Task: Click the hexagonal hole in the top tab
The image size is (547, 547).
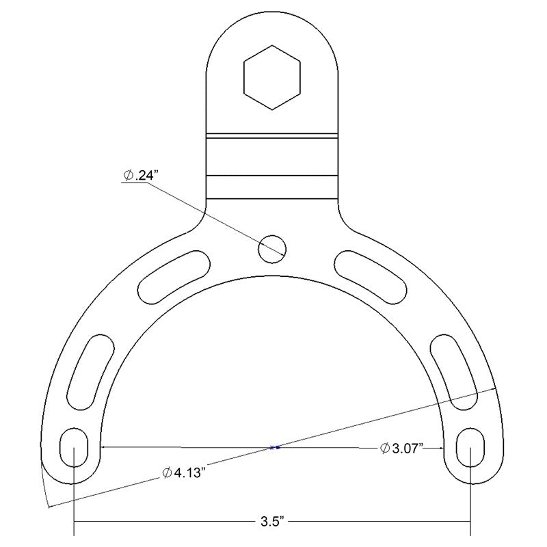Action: (272, 77)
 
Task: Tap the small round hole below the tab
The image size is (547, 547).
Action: (272, 249)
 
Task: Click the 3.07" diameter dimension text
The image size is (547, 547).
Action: (401, 448)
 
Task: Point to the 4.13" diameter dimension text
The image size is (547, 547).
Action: (183, 473)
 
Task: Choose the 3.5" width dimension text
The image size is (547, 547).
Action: (272, 522)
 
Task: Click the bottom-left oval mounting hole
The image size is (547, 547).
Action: (74, 447)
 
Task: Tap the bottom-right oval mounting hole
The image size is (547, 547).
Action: (470, 447)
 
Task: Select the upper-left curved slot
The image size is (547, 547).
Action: (174, 277)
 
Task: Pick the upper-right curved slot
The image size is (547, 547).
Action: (371, 277)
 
